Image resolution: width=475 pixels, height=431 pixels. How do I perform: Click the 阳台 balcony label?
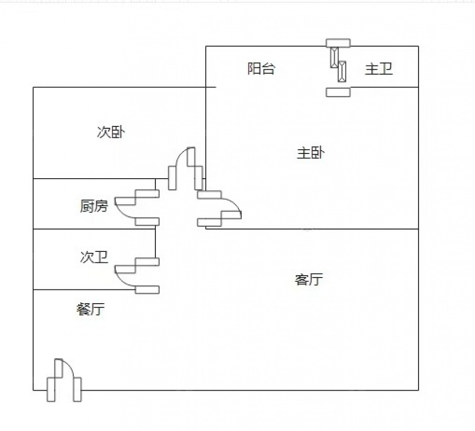[x=261, y=69]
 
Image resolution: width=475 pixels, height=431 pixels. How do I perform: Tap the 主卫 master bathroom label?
[x=379, y=69]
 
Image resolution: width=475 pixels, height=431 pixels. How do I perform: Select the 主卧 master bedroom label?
[x=311, y=153]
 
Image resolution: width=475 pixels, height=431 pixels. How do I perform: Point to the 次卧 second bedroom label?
[x=111, y=132]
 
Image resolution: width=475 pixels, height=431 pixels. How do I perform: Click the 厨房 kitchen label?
[x=94, y=206]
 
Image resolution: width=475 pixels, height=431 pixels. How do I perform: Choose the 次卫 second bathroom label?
[x=94, y=258]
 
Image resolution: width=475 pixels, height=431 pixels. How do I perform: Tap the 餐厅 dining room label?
[x=90, y=309]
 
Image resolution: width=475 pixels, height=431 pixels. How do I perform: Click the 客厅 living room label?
[x=309, y=279]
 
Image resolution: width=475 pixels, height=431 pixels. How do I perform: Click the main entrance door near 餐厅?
[x=64, y=380]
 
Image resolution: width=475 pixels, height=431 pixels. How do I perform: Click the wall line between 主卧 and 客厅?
[x=323, y=229]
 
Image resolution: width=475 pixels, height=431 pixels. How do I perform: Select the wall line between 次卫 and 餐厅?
[x=71, y=289]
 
